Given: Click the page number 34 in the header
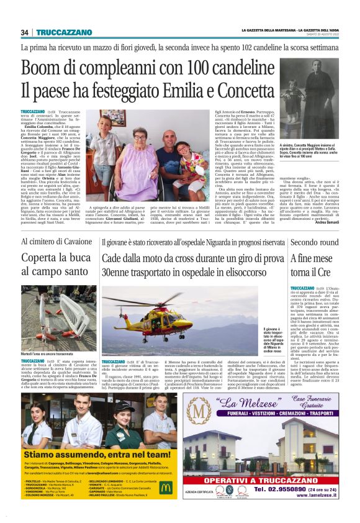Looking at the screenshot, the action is (x=25, y=32).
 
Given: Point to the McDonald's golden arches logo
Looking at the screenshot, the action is (x=164, y=488).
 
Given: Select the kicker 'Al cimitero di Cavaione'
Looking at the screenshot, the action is (x=56, y=242).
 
